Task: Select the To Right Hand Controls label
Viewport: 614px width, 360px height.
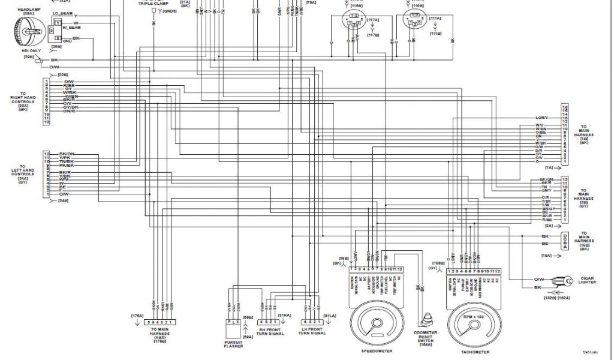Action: point(23,101)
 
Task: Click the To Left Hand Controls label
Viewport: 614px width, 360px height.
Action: point(23,174)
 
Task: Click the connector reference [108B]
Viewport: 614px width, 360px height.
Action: point(439,262)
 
